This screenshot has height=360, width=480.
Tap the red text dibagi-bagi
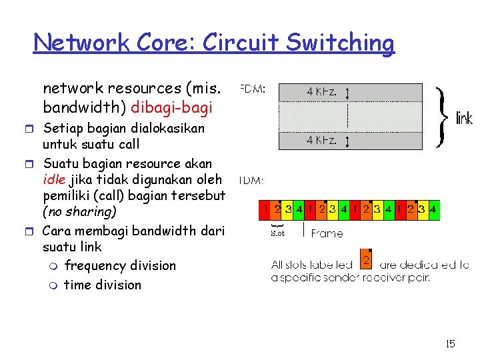tap(172, 107)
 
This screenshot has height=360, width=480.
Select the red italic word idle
tap(54, 179)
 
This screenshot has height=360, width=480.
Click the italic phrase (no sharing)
tap(79, 212)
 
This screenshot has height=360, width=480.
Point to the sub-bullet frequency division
tap(120, 265)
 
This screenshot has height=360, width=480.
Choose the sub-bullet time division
tap(103, 285)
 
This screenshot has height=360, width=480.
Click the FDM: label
tap(252, 89)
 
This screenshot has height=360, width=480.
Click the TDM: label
tap(251, 180)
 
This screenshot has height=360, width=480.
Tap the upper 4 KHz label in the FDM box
tap(321, 92)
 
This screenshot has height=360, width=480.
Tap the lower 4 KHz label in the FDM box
tap(321, 140)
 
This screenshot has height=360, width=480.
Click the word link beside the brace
tap(463, 119)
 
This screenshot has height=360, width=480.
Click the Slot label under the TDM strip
tap(277, 233)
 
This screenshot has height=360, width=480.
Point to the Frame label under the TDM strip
tap(327, 233)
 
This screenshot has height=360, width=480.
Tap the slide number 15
tap(450, 344)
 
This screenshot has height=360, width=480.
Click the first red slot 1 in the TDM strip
tap(266, 210)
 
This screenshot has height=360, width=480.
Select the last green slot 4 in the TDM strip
tap(433, 210)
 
